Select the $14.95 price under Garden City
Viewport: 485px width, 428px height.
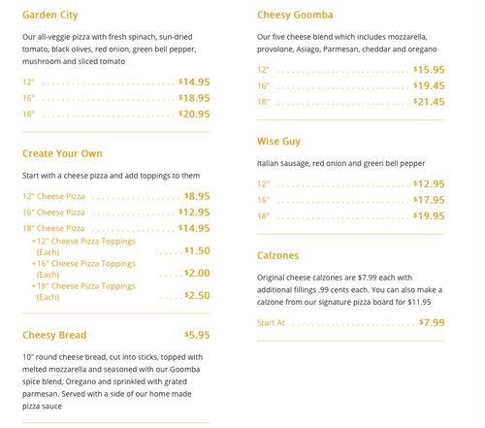pos(194,82)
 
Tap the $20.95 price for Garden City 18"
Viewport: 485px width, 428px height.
pos(194,114)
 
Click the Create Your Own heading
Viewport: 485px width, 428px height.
pos(62,153)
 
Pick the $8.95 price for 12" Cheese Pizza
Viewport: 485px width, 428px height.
pos(197,195)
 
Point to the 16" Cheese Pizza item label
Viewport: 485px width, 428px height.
pos(54,212)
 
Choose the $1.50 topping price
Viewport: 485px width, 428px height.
pos(197,249)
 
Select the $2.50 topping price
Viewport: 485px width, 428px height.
pos(197,295)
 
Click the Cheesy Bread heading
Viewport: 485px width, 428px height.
pos(54,335)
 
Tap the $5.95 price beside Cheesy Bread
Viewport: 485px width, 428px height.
pos(197,335)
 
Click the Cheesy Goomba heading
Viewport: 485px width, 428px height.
pos(296,16)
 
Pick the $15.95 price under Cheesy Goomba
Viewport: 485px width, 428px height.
pos(429,69)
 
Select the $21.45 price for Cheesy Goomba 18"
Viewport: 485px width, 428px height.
pos(429,101)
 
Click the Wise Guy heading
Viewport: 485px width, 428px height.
pos(279,142)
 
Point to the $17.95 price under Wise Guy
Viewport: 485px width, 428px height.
pos(429,200)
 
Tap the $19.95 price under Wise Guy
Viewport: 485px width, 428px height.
pos(429,215)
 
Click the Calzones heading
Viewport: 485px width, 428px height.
pos(278,256)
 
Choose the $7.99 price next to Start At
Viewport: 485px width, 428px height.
pos(432,321)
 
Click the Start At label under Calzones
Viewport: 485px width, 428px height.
pos(272,322)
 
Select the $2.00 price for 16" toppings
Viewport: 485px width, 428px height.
pos(197,273)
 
